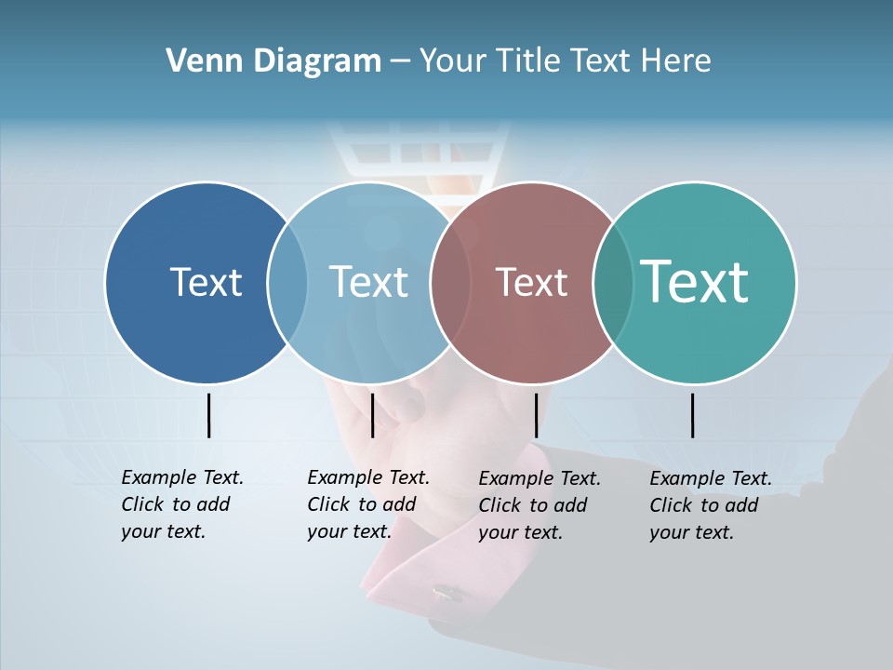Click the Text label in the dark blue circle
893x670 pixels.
[x=206, y=282]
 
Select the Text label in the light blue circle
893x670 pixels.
[x=368, y=282]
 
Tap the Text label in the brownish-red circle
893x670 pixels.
[x=531, y=282]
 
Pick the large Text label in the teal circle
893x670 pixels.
[x=694, y=281]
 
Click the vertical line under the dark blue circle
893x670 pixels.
[x=208, y=415]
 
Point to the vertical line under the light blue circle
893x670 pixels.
[x=372, y=415]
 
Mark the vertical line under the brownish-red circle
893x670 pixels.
[x=536, y=415]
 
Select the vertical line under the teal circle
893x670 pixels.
[x=692, y=415]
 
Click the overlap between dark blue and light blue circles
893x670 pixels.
[x=287, y=283]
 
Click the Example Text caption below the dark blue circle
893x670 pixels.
[x=181, y=504]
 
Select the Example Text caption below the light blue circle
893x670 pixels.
[x=367, y=504]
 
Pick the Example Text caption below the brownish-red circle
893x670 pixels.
[x=539, y=505]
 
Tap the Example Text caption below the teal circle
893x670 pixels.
[x=710, y=505]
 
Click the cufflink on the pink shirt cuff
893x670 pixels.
[x=447, y=591]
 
